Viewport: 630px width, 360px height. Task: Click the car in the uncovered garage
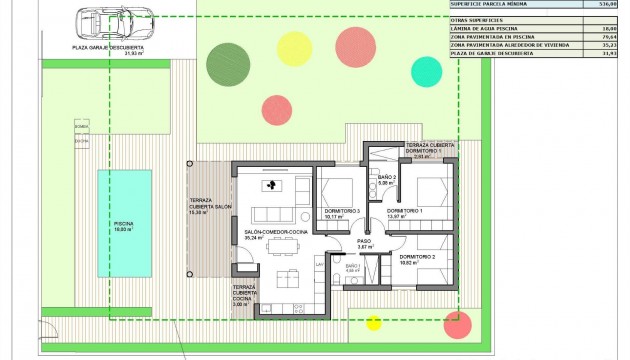tap(107, 21)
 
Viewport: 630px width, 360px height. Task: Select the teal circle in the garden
tap(426, 71)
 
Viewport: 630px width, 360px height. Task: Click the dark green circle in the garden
tap(226, 64)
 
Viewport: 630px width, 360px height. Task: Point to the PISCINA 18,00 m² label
tap(125, 225)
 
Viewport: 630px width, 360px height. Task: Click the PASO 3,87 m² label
tap(364, 244)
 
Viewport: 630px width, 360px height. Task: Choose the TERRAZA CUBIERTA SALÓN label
tap(210, 207)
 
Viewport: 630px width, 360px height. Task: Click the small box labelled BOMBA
tap(81, 127)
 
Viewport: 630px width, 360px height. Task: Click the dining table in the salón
tap(289, 277)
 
